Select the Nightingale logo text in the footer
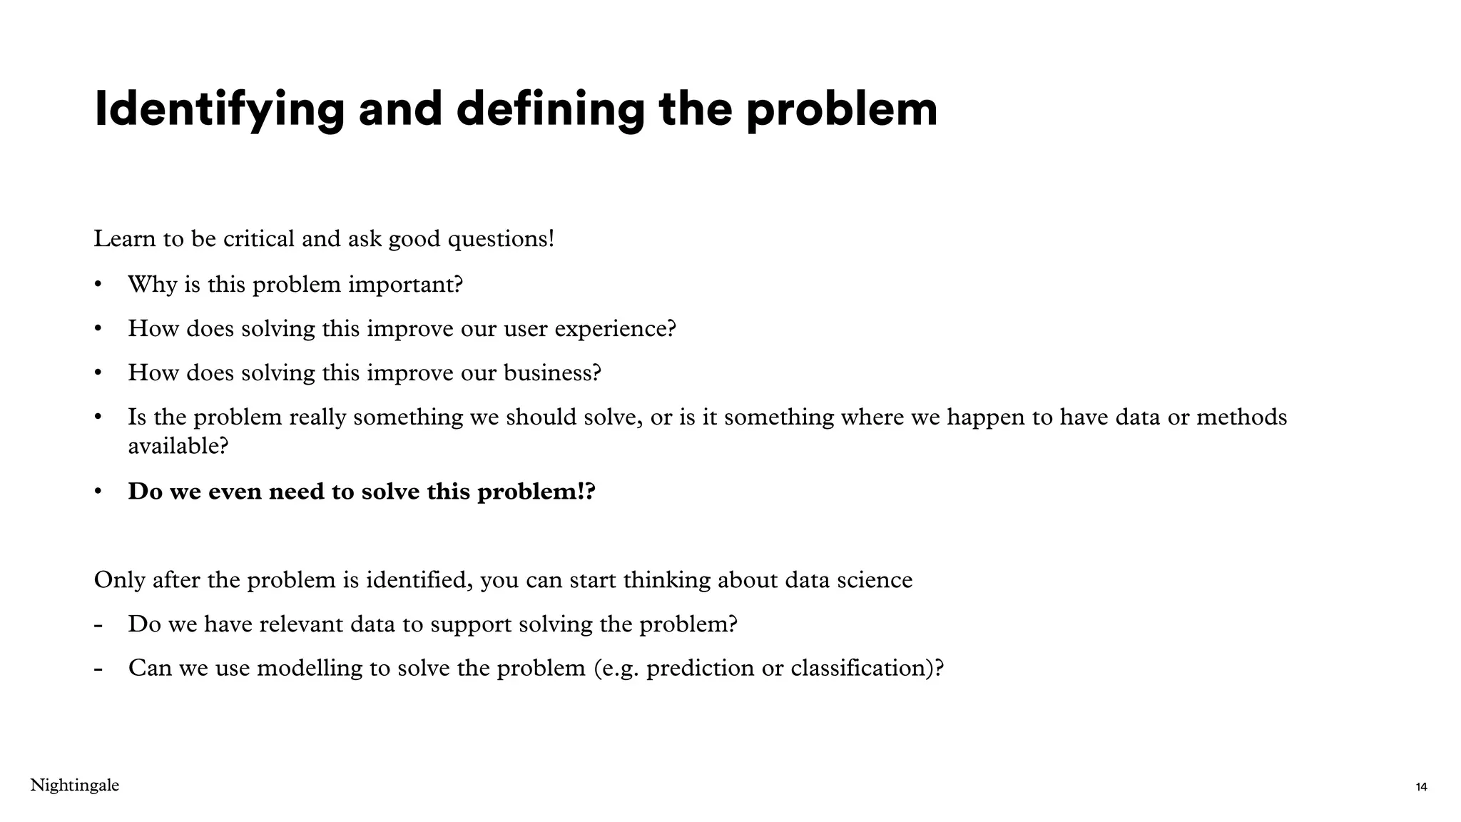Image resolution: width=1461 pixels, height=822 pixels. click(x=74, y=786)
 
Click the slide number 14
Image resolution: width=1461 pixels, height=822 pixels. click(x=1421, y=787)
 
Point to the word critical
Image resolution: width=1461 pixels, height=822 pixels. click(x=258, y=238)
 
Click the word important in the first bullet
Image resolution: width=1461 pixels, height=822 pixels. click(x=404, y=285)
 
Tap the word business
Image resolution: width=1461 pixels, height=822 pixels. click(x=552, y=372)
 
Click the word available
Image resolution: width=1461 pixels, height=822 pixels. click(x=178, y=446)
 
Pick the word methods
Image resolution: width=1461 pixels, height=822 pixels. click(x=1241, y=417)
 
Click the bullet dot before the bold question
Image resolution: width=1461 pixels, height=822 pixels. click(x=98, y=492)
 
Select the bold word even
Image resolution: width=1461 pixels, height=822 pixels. click(x=235, y=492)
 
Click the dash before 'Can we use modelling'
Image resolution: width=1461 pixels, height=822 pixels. click(x=98, y=669)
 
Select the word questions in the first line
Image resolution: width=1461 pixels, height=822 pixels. click(x=500, y=239)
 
